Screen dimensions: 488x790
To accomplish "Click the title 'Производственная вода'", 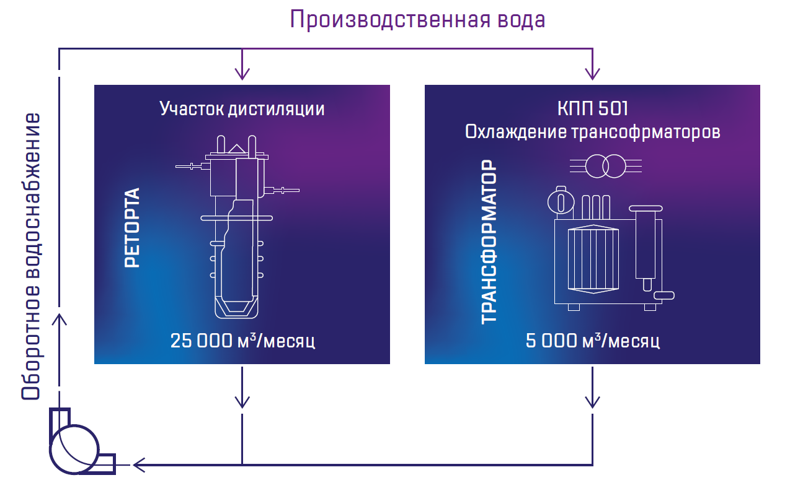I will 417,20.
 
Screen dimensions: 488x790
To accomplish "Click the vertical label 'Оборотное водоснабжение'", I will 32,256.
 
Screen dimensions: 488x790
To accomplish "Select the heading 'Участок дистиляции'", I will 242,109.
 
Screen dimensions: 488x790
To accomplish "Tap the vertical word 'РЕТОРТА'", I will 133,227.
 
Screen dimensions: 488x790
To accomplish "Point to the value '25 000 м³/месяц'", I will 242,341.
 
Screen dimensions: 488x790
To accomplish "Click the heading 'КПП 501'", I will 592,109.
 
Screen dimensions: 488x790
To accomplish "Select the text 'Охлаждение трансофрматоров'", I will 592,132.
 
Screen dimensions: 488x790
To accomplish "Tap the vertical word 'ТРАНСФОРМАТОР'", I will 490,242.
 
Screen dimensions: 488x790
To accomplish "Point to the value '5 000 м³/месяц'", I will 592,341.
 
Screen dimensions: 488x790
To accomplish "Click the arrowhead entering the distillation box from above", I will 242,73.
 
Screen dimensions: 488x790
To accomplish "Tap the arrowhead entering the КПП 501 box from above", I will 593,73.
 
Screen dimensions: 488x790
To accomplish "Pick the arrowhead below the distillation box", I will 242,401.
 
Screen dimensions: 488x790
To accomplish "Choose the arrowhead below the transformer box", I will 593,401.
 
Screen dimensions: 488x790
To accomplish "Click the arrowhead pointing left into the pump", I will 138,464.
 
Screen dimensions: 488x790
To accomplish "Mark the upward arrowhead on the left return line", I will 60,319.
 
